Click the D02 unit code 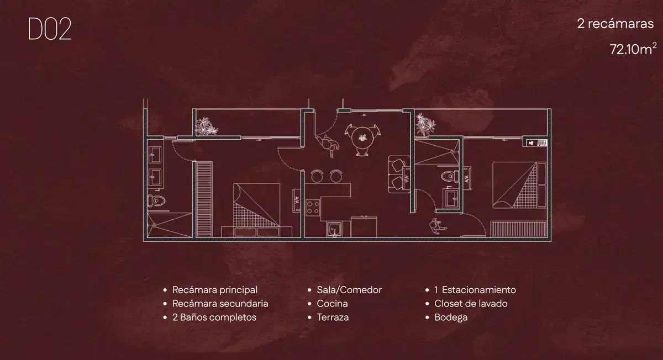click(x=50, y=30)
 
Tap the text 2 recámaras click(x=615, y=24)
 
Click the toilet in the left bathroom click(x=156, y=201)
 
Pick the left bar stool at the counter click(x=318, y=176)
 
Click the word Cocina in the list click(x=332, y=304)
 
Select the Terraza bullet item click(x=333, y=317)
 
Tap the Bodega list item click(x=451, y=317)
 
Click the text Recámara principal click(x=215, y=290)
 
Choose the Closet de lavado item click(x=471, y=304)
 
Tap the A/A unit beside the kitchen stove click(x=297, y=199)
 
